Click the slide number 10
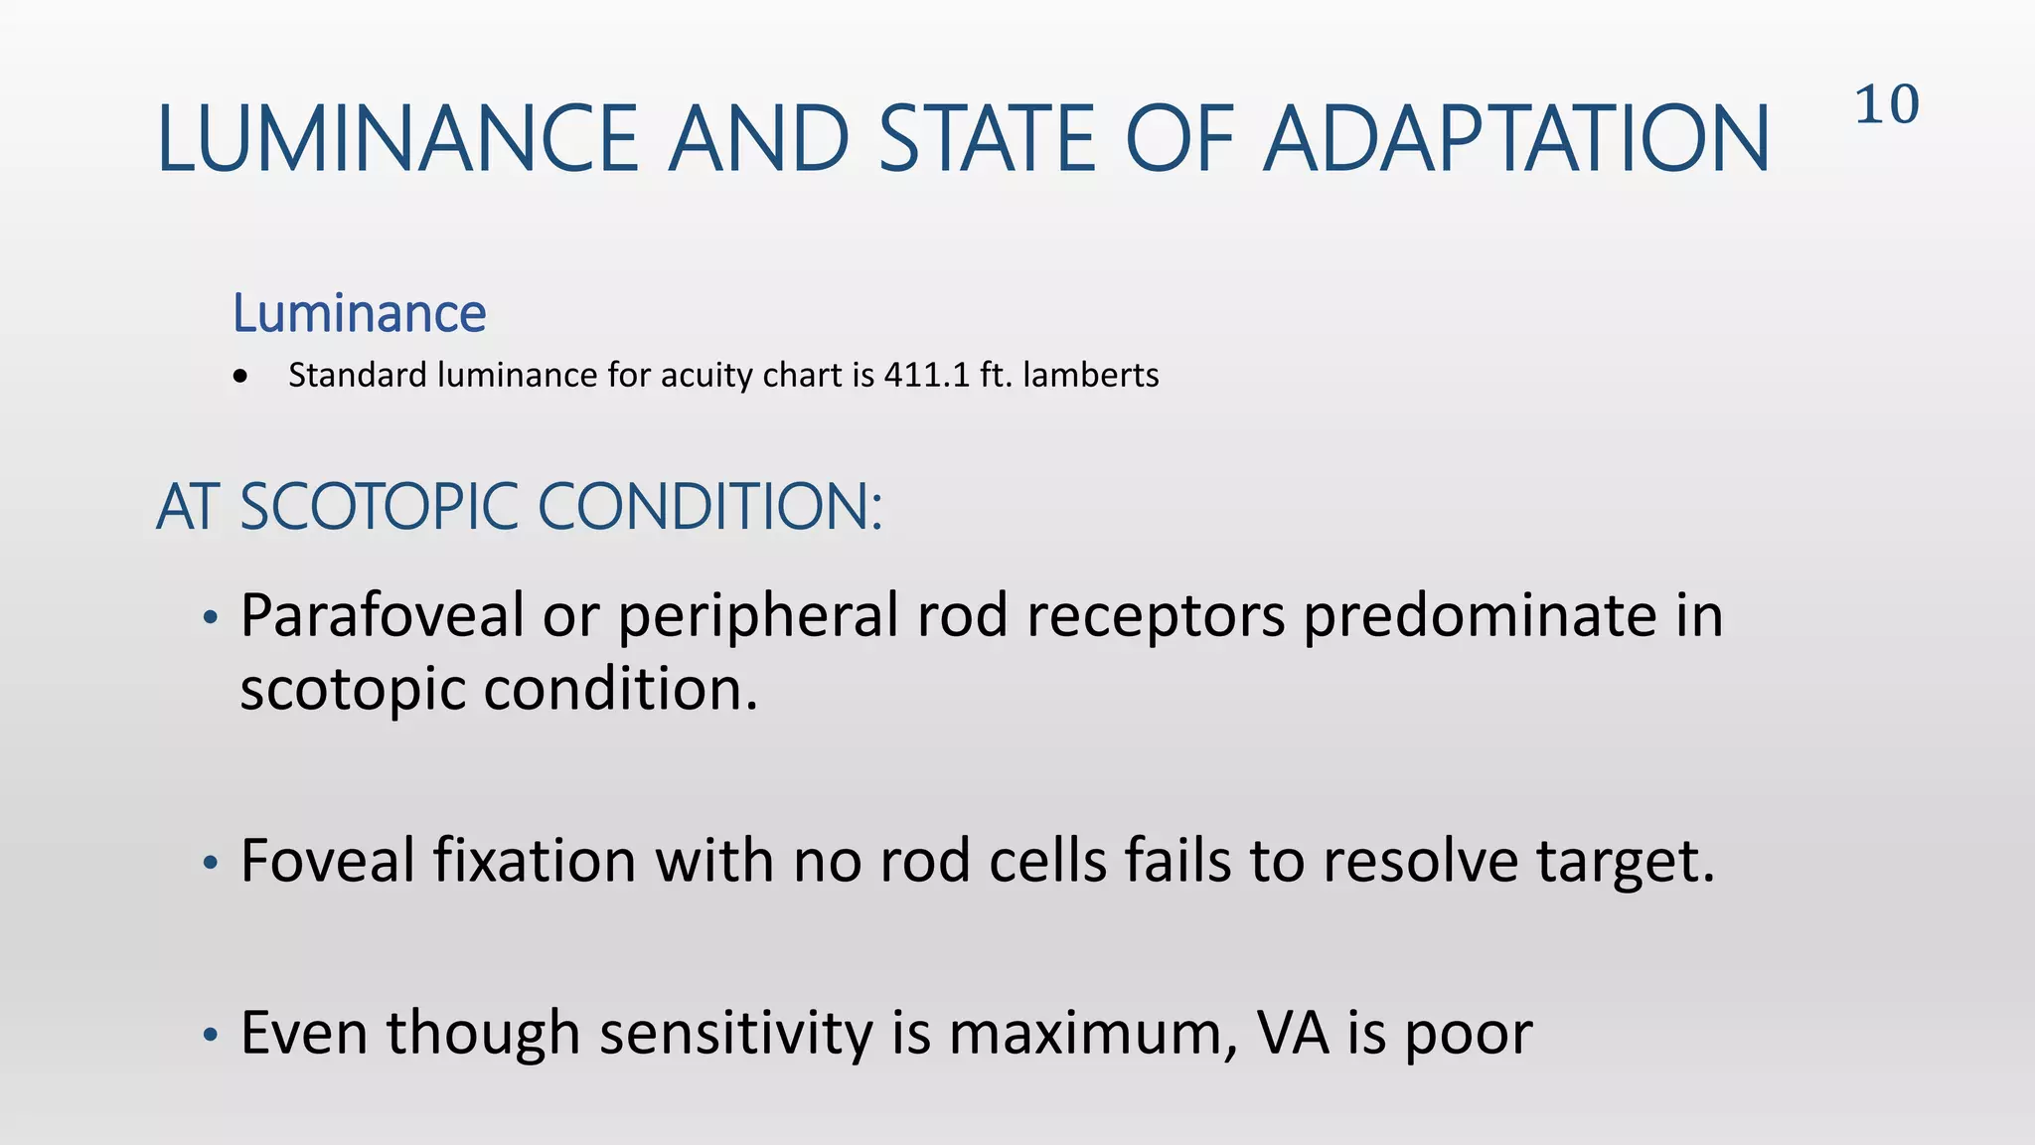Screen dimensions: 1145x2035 tap(1886, 104)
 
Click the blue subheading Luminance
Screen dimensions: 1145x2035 tap(359, 314)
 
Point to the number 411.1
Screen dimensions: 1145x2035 tap(926, 375)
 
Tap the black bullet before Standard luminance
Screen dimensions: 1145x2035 tap(240, 377)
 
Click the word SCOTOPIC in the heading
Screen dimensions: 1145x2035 tap(379, 507)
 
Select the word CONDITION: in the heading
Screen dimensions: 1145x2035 tap(709, 507)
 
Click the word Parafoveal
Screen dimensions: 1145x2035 tap(382, 616)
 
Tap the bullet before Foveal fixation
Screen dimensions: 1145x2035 tap(210, 863)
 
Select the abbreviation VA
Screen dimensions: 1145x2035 tap(1293, 1033)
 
